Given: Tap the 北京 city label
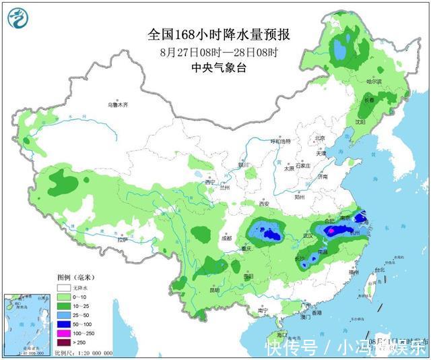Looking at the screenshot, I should [x=320, y=138].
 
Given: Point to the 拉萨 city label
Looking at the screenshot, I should [x=121, y=239].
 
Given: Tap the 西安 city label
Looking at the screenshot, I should [x=263, y=204].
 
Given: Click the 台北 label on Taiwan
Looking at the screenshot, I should [x=379, y=270].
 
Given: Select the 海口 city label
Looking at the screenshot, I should [x=281, y=334].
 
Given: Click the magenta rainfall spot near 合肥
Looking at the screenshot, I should [x=330, y=231].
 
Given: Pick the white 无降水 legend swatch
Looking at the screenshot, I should [x=63, y=288].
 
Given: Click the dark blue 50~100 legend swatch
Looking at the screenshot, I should [x=63, y=325].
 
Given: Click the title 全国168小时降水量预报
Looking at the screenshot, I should [x=222, y=34].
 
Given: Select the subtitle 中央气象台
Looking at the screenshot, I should [x=222, y=67].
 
